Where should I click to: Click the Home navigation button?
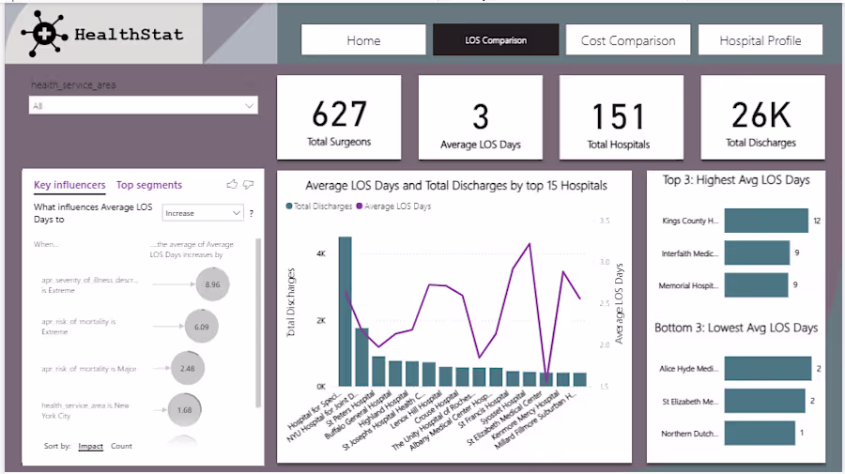point(363,40)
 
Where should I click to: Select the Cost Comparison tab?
point(627,40)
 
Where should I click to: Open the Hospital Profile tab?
point(760,40)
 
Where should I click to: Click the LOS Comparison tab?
point(496,40)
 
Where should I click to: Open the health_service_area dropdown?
point(144,106)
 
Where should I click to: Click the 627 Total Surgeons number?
point(339,115)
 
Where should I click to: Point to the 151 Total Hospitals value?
point(619,117)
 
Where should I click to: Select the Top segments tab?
point(149,185)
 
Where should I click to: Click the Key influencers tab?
point(69,185)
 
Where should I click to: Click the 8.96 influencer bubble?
point(212,283)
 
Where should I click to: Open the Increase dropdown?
point(203,213)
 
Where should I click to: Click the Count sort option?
point(121,446)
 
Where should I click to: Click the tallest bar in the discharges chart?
point(346,311)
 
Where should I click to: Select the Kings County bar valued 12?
point(766,221)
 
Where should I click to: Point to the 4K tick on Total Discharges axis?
point(320,254)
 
